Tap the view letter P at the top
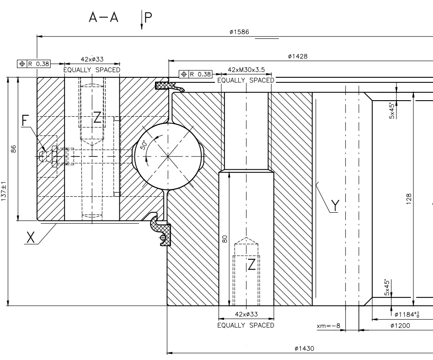click(148, 17)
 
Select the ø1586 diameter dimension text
click(239, 32)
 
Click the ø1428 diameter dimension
click(298, 56)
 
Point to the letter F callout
click(26, 120)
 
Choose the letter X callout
click(31, 237)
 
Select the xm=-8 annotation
click(328, 326)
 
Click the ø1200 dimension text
click(400, 326)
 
